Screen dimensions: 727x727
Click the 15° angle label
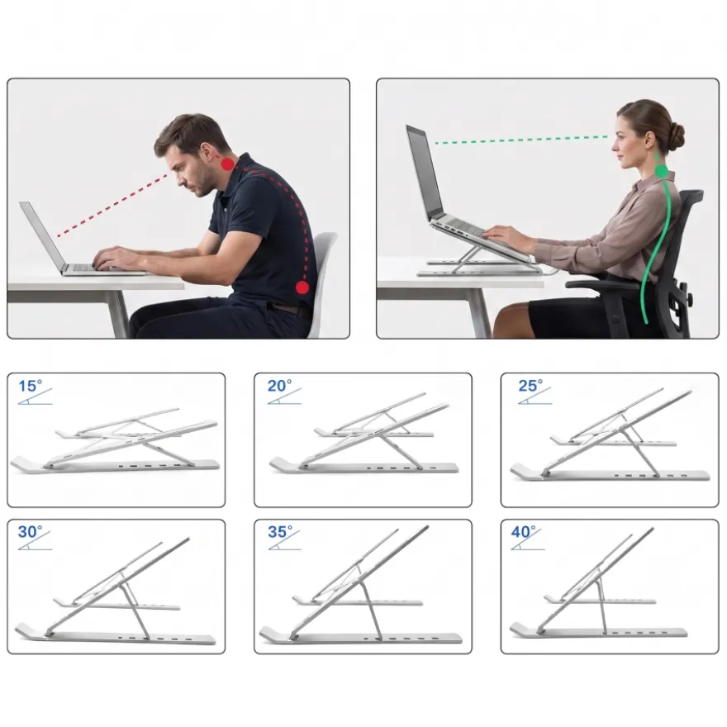click(x=30, y=386)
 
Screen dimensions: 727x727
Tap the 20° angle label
click(x=279, y=386)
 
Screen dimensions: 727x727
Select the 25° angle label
click(x=530, y=386)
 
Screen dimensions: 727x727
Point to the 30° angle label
click(x=30, y=532)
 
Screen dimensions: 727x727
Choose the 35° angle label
click(x=280, y=532)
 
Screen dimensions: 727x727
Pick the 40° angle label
click(x=524, y=532)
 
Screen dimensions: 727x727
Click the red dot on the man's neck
click(x=228, y=164)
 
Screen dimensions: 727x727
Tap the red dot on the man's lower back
click(x=302, y=288)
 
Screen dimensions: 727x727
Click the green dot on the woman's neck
click(x=661, y=172)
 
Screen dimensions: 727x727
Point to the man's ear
click(x=206, y=152)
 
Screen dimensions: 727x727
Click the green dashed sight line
click(x=521, y=140)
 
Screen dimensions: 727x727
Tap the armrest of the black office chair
click(x=601, y=283)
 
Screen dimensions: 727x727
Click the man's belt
click(x=290, y=309)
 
